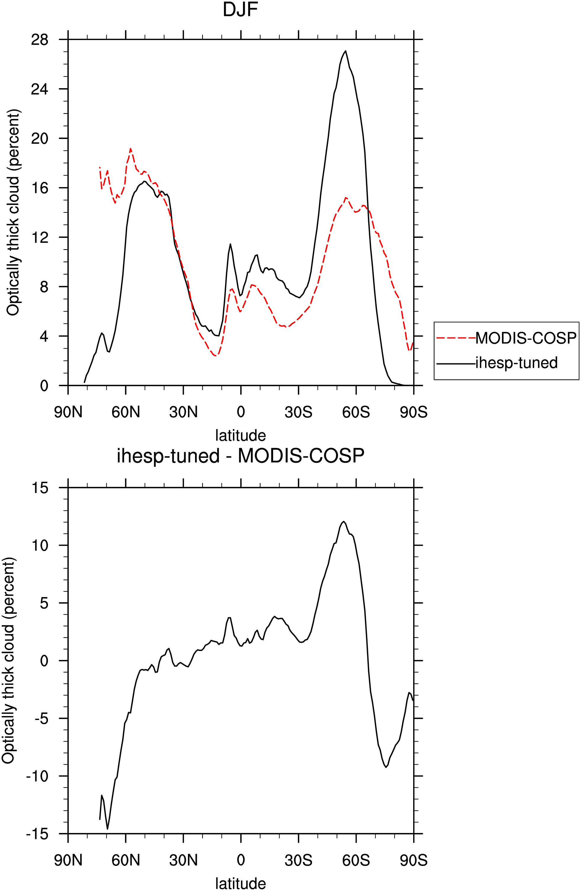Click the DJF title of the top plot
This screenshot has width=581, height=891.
(240, 10)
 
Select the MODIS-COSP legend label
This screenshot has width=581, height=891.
(526, 338)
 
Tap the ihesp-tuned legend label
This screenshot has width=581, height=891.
(516, 363)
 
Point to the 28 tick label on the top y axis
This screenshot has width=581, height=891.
(40, 39)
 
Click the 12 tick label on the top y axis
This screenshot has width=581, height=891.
(40, 237)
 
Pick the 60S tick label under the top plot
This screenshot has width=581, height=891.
(356, 412)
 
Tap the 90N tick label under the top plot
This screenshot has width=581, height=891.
(68, 412)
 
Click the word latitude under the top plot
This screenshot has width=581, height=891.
(240, 435)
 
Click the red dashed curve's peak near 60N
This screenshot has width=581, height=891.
(130, 148)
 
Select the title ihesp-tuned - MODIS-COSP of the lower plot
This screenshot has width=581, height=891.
(240, 456)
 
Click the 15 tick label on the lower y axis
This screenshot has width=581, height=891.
(40, 488)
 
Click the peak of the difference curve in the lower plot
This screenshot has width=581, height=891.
(343, 521)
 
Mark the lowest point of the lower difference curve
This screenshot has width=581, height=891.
(107, 829)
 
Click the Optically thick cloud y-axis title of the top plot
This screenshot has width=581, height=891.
(13, 213)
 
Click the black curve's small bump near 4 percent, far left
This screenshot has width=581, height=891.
(102, 333)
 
